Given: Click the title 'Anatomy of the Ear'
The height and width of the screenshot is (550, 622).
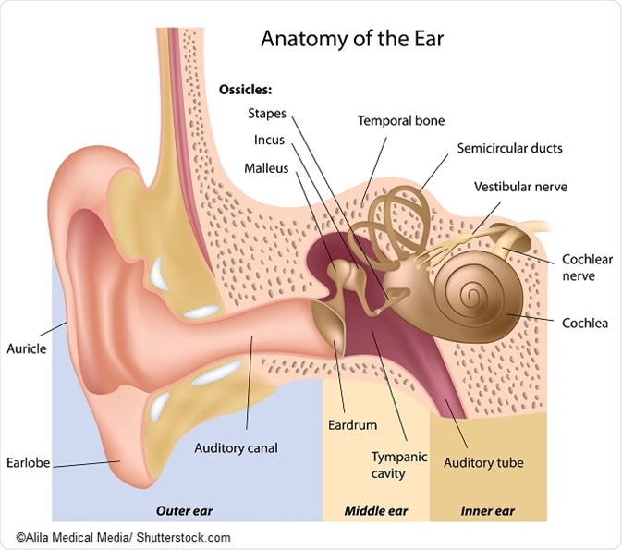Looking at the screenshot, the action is pos(352,39).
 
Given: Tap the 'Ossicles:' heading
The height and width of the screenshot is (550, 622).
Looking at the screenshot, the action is pos(246,90).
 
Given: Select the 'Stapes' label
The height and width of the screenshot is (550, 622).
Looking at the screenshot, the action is pos(267,114).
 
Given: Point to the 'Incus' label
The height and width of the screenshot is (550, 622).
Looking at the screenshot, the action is pos(269,140).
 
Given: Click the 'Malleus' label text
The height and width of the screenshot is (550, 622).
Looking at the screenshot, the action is pos(266,168).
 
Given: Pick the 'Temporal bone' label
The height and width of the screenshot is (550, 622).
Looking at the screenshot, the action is pos(401,121).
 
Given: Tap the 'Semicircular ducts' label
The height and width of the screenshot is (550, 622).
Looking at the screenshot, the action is pos(510,149).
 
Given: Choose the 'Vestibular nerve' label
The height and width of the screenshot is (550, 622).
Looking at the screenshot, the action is pos(520,187).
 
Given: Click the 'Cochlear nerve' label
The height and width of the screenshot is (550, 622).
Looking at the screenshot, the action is pos(587,267).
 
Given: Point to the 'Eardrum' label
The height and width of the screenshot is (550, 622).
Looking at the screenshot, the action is pos(352,425).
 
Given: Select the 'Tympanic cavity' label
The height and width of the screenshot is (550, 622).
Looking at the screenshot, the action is pos(399,465).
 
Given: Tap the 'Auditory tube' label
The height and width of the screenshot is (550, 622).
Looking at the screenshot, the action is pos(483,463).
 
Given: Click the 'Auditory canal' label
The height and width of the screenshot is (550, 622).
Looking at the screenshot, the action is pos(236,448).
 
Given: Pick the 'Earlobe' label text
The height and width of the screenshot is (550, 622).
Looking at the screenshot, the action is pos(28,463).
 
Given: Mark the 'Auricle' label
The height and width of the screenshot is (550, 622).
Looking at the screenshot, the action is pos(27,348).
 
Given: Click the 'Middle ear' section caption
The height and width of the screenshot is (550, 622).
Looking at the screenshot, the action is pos(376,510).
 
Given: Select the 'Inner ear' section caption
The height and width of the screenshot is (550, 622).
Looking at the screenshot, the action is pos(487,510).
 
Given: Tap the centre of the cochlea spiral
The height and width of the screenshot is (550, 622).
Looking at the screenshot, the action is pos(472,295).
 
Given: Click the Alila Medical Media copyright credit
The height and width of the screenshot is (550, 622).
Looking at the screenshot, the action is pos(123,538).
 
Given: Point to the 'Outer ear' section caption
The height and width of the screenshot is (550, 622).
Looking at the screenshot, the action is pos(185,510).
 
